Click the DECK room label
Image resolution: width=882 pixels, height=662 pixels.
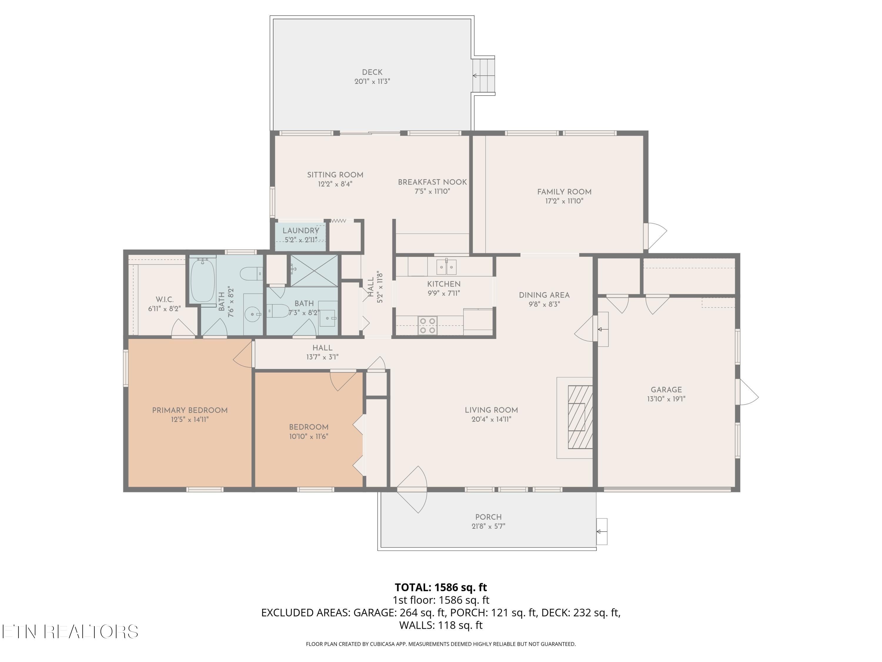click(x=372, y=72)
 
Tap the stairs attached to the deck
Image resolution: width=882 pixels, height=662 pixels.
click(x=484, y=75)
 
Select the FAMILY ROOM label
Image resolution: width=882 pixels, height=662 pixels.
click(x=564, y=192)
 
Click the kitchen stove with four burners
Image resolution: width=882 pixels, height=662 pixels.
click(x=427, y=325)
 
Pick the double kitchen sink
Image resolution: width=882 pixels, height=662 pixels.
click(x=446, y=267)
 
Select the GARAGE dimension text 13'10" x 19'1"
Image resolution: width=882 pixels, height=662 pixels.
click(x=666, y=399)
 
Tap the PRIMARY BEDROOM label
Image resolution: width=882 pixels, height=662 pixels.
click(x=190, y=410)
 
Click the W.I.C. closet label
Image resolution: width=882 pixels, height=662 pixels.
click(x=164, y=299)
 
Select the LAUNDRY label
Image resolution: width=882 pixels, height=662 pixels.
click(x=301, y=231)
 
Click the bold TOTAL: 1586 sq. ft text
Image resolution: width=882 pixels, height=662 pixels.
click(x=441, y=587)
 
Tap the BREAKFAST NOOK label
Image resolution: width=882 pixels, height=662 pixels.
click(x=432, y=182)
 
